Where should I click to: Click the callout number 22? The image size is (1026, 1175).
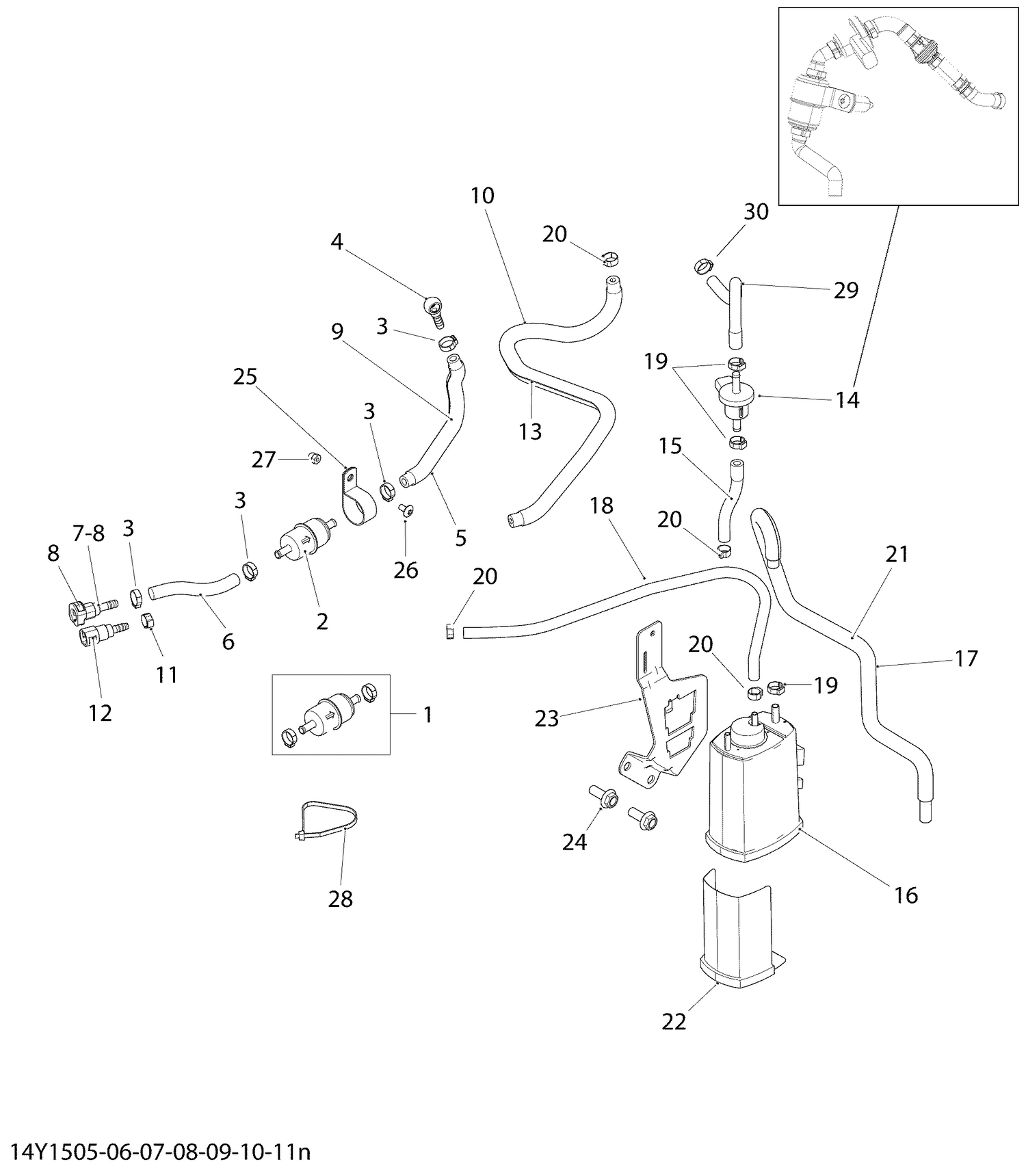pyautogui.click(x=674, y=1022)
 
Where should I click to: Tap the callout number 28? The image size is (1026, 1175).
pyautogui.click(x=340, y=899)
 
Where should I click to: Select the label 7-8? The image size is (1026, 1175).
pyautogui.click(x=89, y=533)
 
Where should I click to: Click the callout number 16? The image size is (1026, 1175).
pyautogui.click(x=906, y=895)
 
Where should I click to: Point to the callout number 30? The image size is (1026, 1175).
pyautogui.click(x=756, y=212)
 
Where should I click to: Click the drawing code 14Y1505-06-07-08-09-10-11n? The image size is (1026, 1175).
pyautogui.click(x=161, y=1152)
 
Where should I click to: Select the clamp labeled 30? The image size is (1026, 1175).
pyautogui.click(x=703, y=265)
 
